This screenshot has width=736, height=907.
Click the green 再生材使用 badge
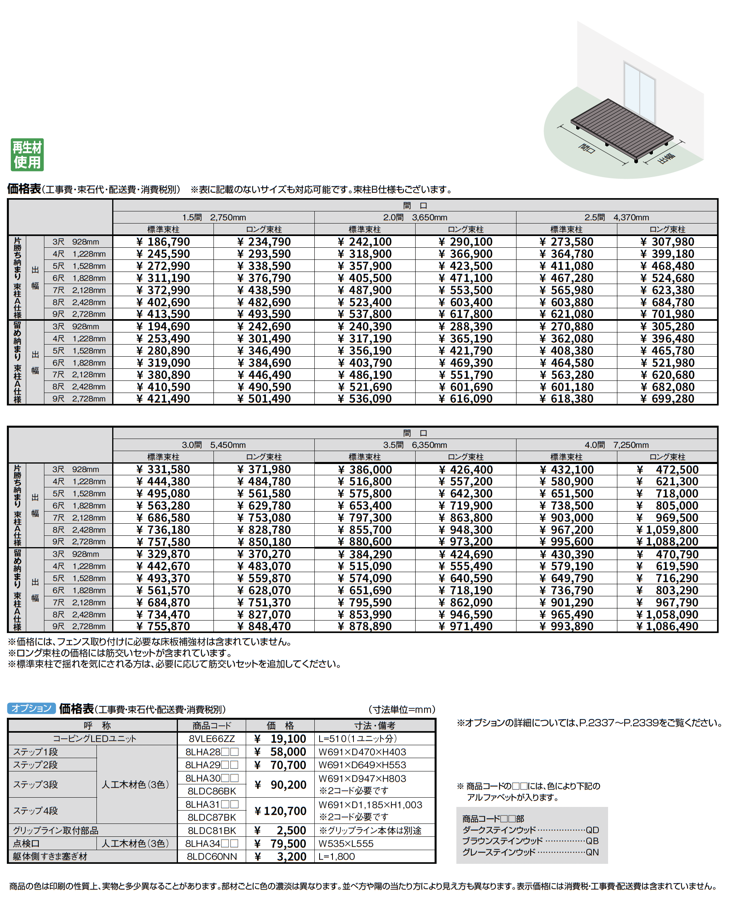point(27,155)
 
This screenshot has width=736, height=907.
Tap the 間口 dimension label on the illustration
point(587,148)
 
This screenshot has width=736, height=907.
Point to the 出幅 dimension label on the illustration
point(666,158)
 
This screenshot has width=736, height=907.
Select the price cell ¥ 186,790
point(163,242)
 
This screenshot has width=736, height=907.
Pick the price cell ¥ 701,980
point(667,314)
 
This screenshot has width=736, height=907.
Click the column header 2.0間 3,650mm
point(415,217)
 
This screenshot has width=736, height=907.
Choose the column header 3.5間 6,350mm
point(415,445)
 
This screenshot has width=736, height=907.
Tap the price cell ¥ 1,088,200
point(667,541)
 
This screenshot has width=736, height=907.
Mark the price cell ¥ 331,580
point(163,470)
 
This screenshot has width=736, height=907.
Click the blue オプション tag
point(31,708)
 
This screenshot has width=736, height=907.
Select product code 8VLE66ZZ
point(211,739)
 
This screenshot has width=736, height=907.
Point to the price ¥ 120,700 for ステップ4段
point(280,811)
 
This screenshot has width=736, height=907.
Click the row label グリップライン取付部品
point(56,830)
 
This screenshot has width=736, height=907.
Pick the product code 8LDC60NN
point(211,857)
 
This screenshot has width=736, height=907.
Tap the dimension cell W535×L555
point(346,843)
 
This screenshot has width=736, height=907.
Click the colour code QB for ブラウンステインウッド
point(592,841)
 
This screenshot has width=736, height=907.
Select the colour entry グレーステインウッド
point(499,852)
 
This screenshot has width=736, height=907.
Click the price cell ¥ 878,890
point(365,627)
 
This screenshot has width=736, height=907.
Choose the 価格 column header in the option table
point(280,725)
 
